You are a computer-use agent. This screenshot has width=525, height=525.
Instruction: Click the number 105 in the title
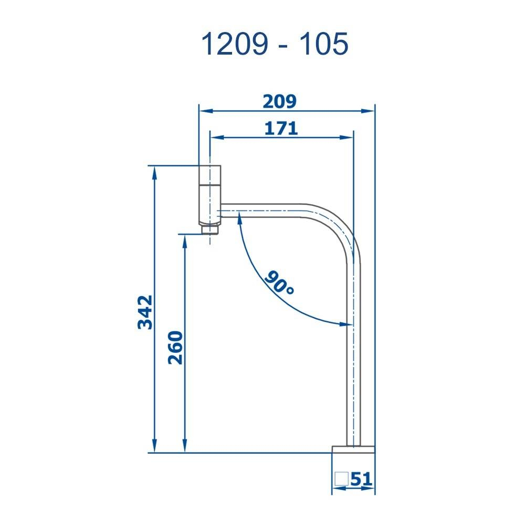coord(322,44)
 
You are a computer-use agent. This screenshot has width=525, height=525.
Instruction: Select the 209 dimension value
coord(280,101)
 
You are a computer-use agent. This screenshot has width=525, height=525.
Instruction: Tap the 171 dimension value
coord(280,128)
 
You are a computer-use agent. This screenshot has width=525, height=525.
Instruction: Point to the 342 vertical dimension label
coord(145,312)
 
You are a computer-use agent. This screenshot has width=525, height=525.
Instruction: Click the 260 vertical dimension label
coord(175,347)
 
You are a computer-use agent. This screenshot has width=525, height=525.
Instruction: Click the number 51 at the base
coord(361,479)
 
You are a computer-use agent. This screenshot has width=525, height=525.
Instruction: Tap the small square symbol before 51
coord(342,479)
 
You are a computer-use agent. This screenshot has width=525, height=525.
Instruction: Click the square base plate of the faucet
coord(354,449)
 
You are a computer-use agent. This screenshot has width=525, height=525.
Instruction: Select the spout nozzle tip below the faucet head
coord(209,229)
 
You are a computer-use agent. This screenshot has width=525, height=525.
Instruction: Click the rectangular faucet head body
coord(210,195)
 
